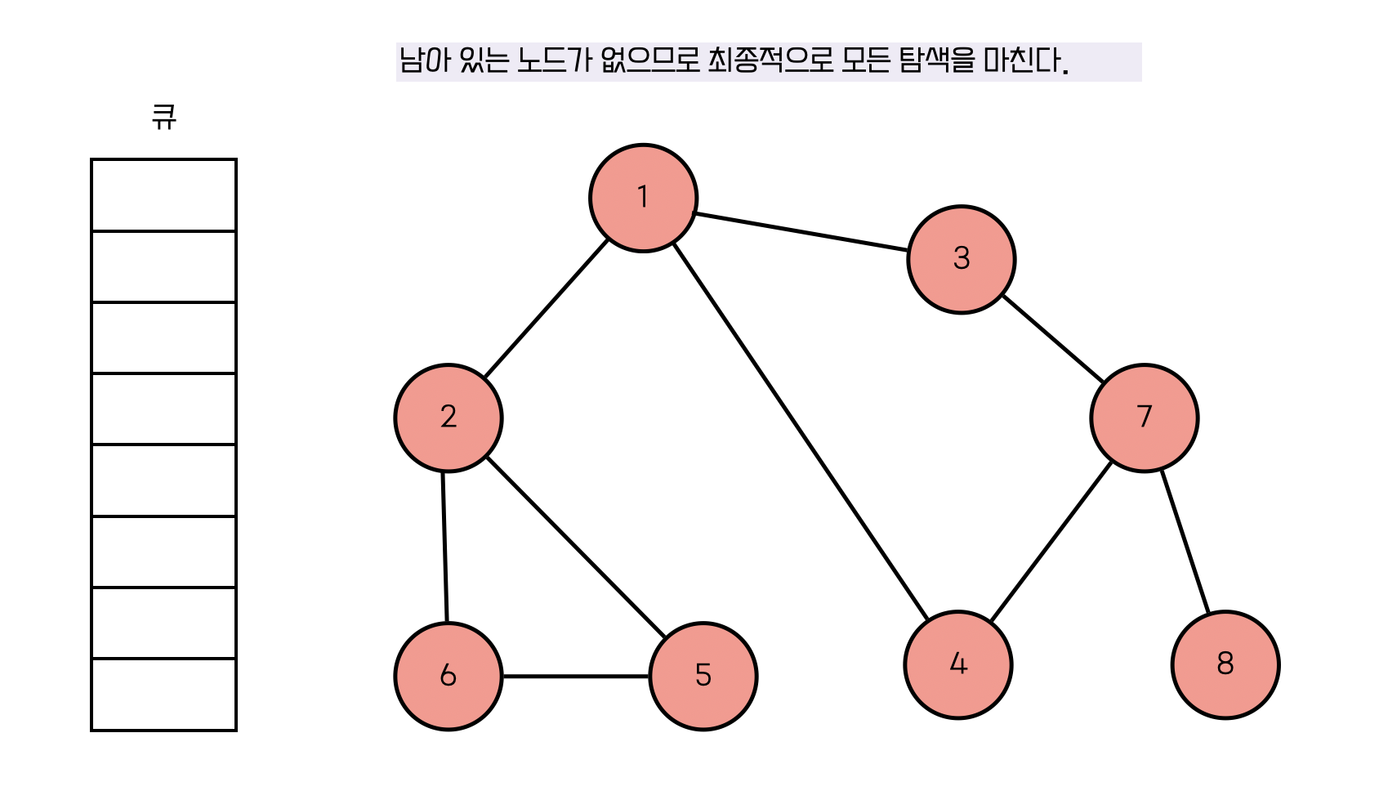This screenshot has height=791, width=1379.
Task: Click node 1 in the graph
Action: click(x=643, y=198)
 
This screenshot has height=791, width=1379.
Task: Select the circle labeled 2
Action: click(x=448, y=418)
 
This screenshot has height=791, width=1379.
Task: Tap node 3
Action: click(x=961, y=259)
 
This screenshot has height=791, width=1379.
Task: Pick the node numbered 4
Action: click(x=957, y=664)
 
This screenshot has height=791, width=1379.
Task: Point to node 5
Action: click(x=703, y=676)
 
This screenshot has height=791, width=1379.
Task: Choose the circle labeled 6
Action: click(x=448, y=676)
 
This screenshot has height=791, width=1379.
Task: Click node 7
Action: click(x=1144, y=418)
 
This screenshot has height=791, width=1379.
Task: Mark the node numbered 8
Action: click(x=1225, y=664)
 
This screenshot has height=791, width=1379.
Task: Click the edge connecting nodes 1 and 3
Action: click(x=801, y=232)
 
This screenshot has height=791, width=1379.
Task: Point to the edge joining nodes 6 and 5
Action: click(x=575, y=676)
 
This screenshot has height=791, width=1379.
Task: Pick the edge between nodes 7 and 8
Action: click(x=1185, y=541)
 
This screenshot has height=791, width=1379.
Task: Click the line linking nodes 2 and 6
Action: click(x=445, y=547)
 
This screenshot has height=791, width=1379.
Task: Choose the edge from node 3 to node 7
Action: click(x=1053, y=338)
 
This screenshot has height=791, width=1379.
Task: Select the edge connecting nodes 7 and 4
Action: click(x=1051, y=541)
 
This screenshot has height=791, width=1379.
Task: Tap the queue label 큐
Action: click(x=163, y=117)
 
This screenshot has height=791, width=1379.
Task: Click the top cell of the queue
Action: click(x=163, y=195)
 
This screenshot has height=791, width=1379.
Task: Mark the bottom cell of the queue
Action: click(x=163, y=694)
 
